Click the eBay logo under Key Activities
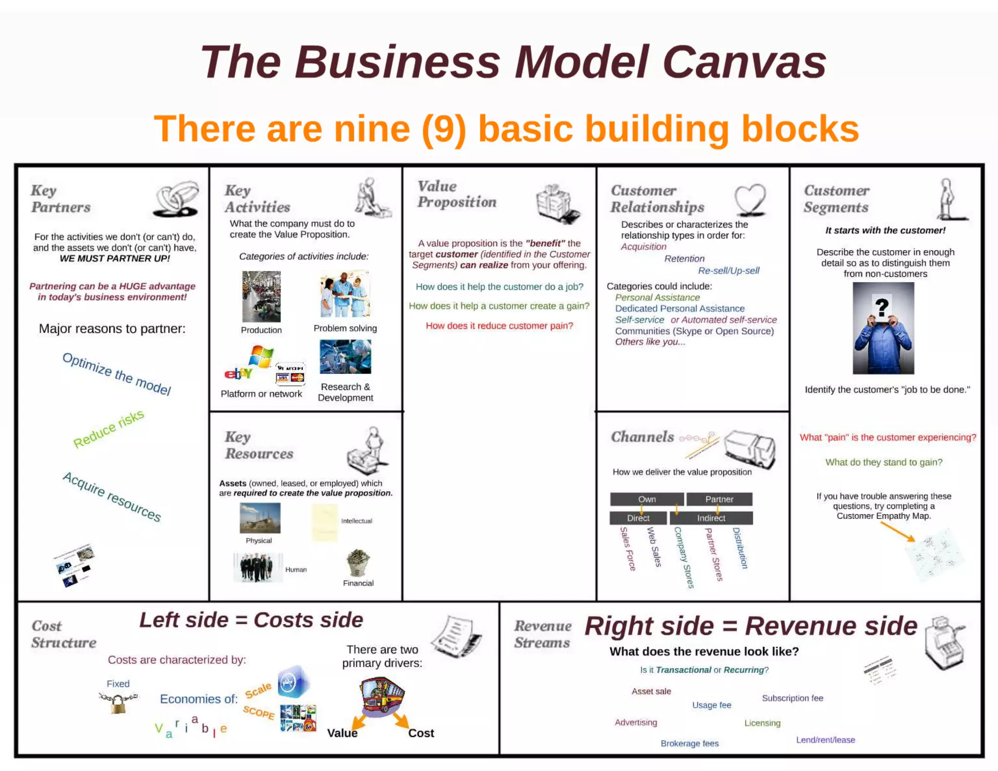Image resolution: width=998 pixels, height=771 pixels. pos(238,373)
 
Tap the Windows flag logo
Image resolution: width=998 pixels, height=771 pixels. pos(261,357)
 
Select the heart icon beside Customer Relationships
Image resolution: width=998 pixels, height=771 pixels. pos(750,199)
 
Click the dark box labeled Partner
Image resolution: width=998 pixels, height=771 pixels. pos(719,499)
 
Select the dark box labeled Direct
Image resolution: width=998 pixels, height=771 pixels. pos(638,518)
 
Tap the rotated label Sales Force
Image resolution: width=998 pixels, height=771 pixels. pos(628,549)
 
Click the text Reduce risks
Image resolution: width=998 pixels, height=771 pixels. pos(108,429)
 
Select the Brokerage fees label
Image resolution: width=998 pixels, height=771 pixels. pos(689,743)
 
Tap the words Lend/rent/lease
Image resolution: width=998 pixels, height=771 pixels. pos(825,740)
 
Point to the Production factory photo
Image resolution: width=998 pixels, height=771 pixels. pos(261,296)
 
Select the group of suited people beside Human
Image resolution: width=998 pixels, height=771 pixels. pos(257,567)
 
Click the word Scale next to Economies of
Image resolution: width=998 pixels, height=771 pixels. pos(258,691)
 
